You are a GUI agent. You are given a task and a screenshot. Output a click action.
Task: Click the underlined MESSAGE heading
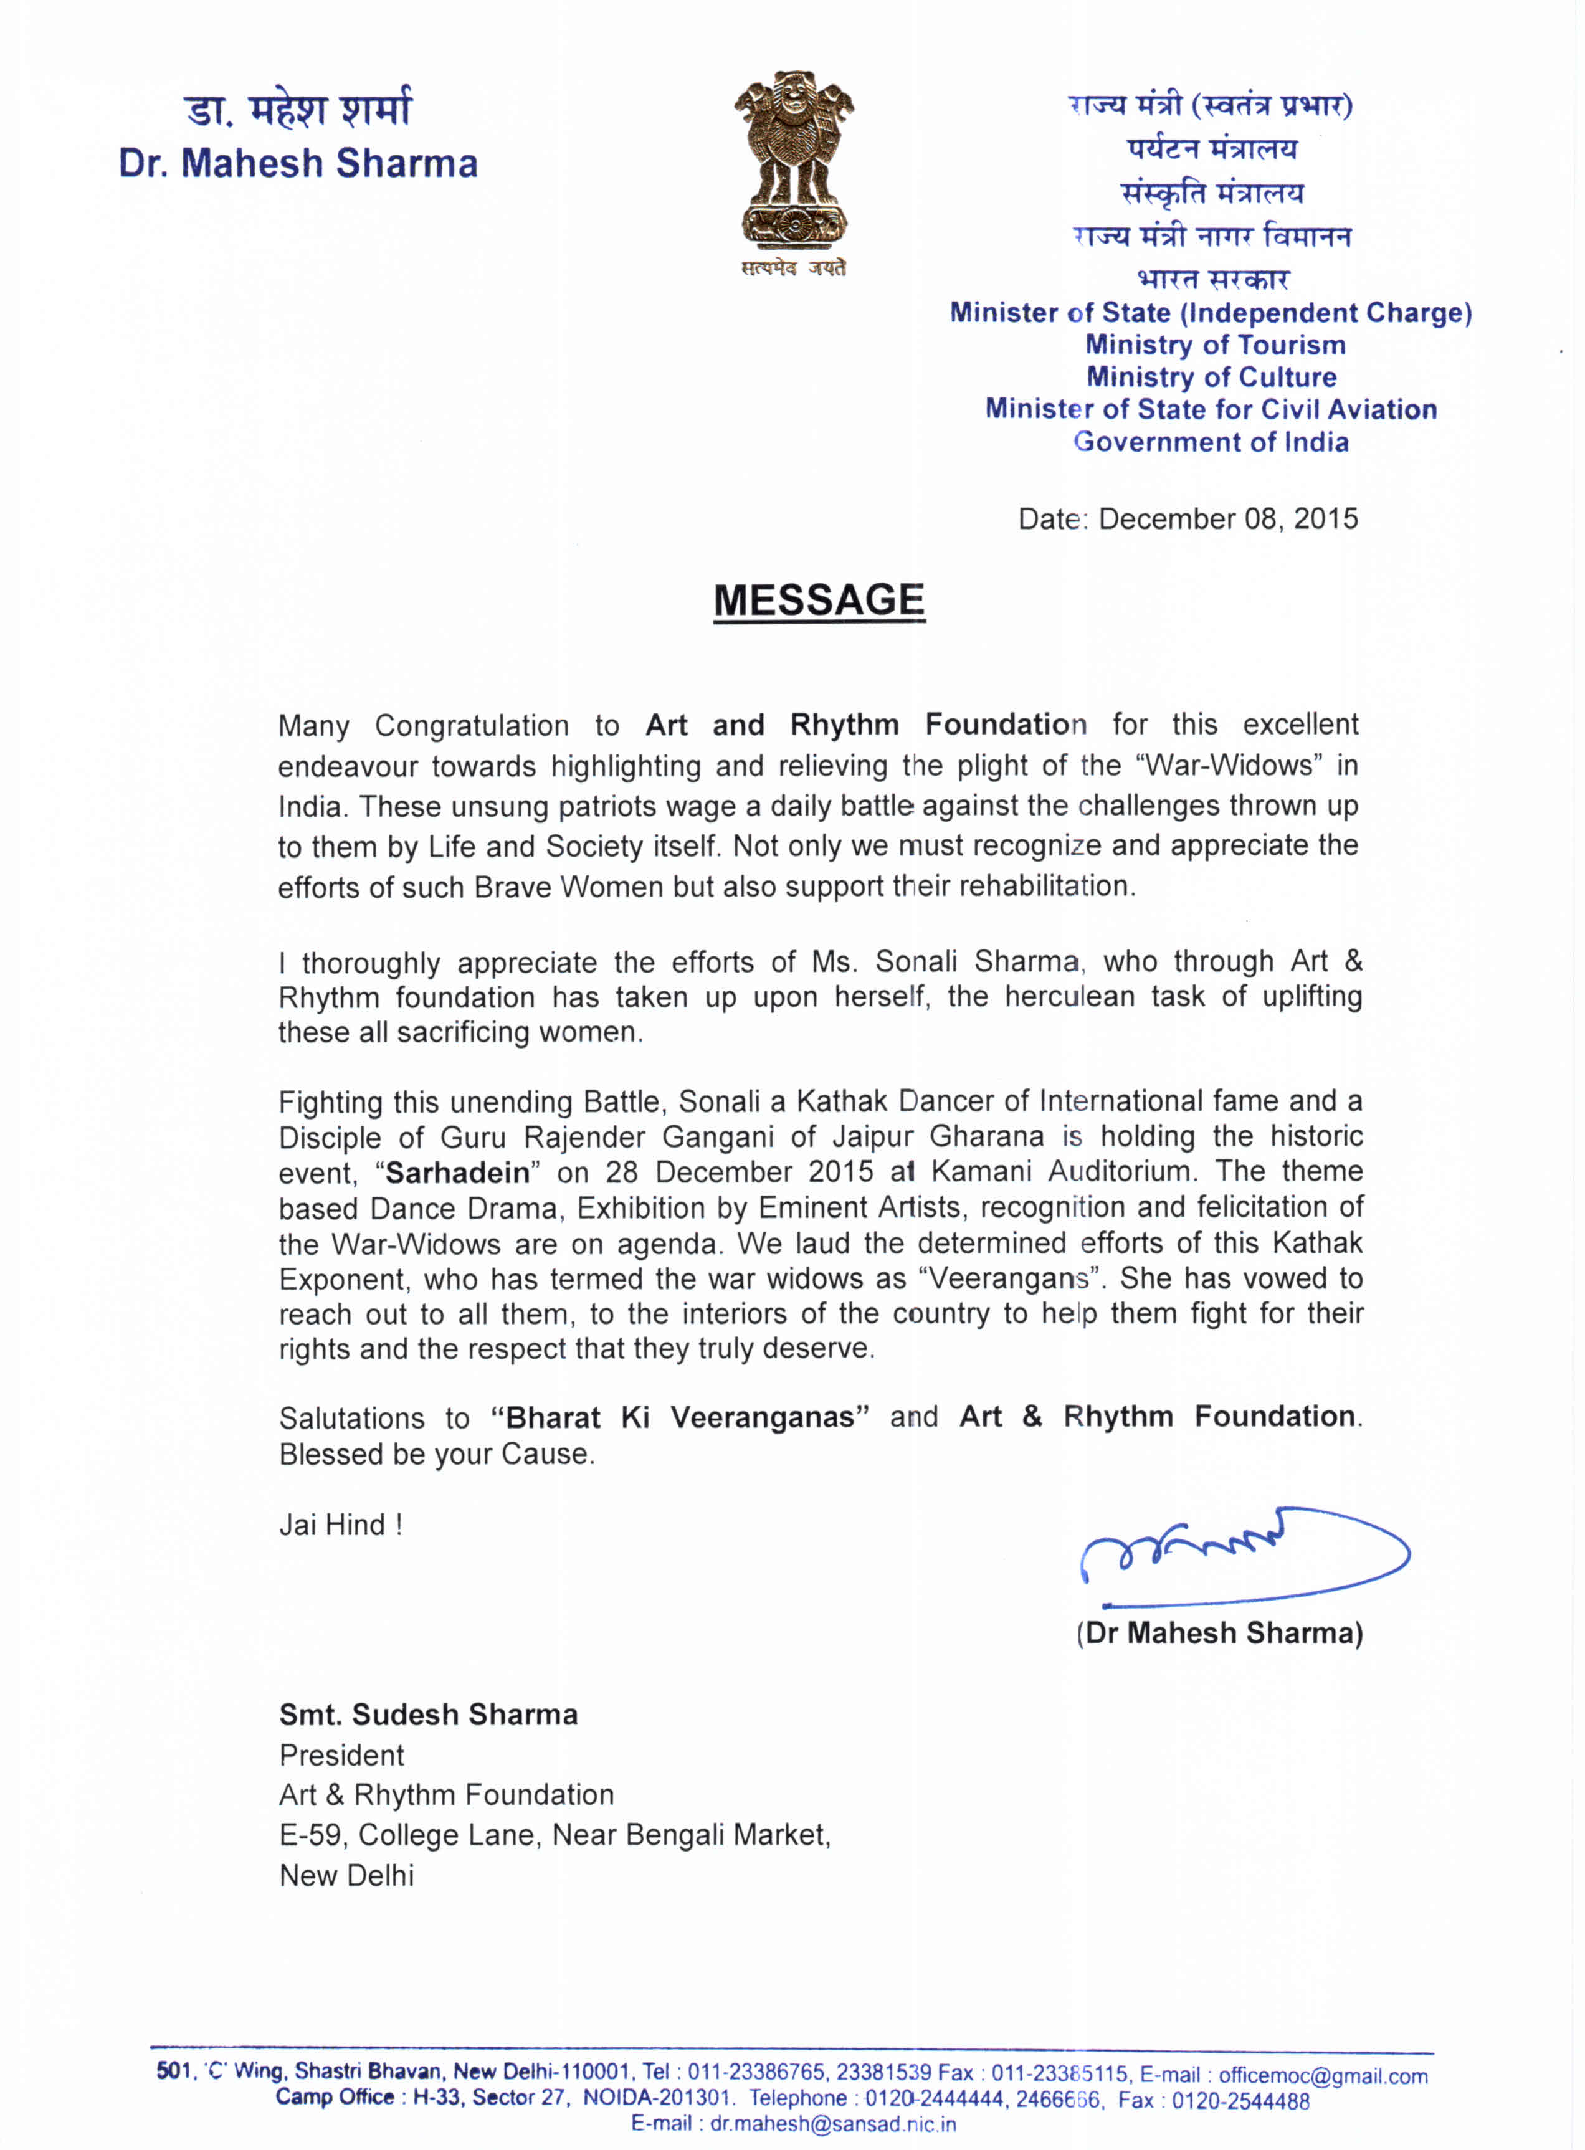(819, 601)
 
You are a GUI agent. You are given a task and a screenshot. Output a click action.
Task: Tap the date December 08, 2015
(1227, 519)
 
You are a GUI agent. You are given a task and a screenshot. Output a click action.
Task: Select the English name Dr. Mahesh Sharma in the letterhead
(298, 164)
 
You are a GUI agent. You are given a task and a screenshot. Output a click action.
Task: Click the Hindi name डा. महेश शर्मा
(298, 110)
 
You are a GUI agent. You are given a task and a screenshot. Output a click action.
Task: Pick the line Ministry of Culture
(1211, 377)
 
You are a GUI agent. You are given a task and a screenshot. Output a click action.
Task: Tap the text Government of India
(1211, 442)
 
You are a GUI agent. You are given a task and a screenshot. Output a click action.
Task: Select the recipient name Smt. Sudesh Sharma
(428, 1715)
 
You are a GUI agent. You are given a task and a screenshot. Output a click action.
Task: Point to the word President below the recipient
(341, 1756)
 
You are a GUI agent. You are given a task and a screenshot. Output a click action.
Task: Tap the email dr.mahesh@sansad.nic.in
(833, 2124)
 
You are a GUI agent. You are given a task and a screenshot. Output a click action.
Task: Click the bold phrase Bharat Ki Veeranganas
(680, 1418)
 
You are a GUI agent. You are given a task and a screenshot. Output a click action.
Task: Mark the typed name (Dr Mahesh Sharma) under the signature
(1219, 1633)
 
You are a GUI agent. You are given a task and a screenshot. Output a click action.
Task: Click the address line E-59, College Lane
(555, 1835)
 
